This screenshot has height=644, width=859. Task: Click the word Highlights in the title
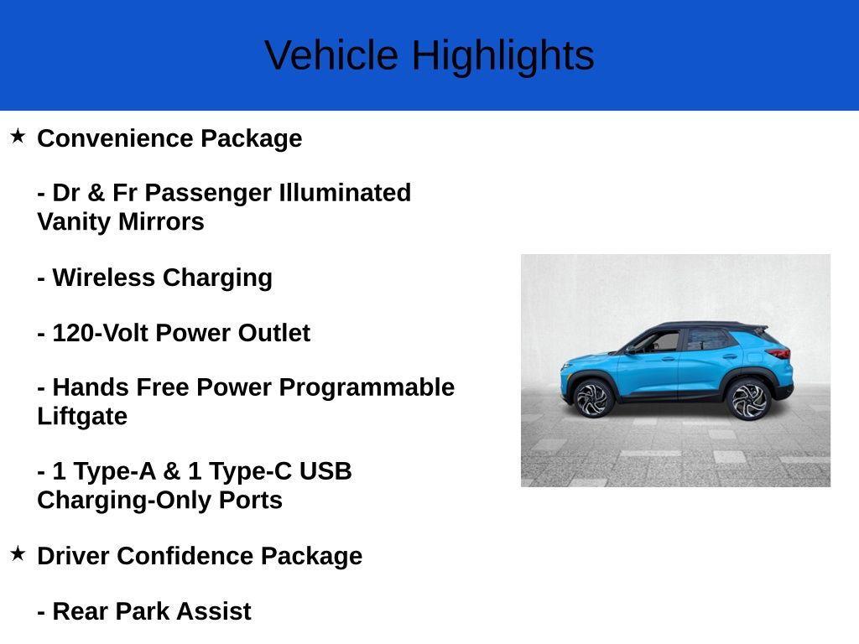tap(502, 56)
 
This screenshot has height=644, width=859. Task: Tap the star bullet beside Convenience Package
tap(18, 136)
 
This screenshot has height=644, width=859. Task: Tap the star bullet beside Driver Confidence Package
tap(18, 553)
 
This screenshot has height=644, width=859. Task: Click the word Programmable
tap(367, 387)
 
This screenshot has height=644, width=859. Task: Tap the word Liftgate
tap(82, 417)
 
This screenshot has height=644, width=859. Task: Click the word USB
tap(325, 471)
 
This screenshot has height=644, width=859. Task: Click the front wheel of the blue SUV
tap(593, 398)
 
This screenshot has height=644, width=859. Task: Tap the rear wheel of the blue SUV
tap(748, 399)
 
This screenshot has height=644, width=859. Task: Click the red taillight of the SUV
tap(781, 353)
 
